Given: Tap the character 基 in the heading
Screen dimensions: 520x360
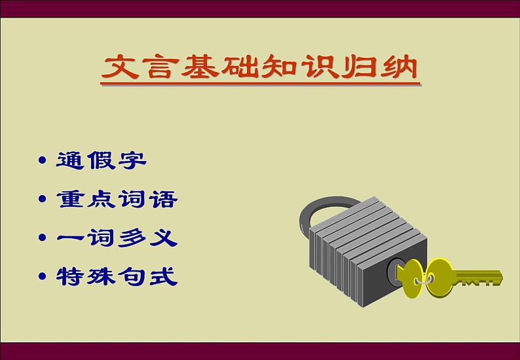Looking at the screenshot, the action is click(200, 67).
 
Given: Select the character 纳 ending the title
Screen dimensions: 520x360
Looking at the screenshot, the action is click(399, 67).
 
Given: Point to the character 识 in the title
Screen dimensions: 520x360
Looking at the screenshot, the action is click(320, 67).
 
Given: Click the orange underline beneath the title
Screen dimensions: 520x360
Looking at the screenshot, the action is click(261, 84).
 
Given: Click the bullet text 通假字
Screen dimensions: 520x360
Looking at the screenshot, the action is click(101, 160).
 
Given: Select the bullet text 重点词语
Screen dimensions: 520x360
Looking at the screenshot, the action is click(117, 199).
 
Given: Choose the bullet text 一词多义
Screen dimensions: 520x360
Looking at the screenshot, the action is click(117, 238).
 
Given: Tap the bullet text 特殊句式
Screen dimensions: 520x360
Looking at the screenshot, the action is click(117, 276).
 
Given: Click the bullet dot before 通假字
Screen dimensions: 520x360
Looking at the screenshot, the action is click(42, 160).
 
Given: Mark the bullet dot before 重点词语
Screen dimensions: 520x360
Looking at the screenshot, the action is click(42, 199).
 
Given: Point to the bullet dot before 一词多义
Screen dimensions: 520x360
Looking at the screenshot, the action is click(42, 238).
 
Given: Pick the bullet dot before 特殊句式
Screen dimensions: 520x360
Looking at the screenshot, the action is click(42, 276).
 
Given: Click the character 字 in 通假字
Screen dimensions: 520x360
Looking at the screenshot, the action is click(133, 160).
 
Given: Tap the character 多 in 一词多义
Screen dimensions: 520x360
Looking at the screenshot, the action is click(132, 238).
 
